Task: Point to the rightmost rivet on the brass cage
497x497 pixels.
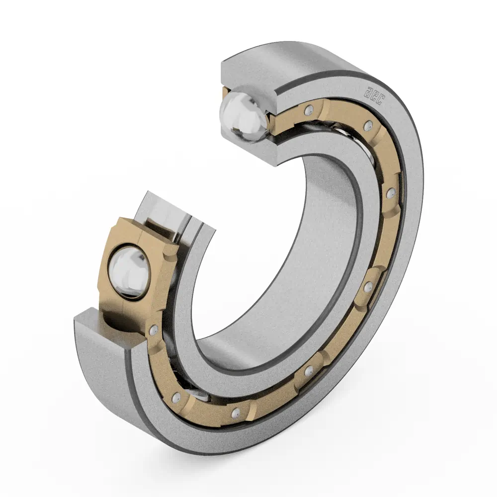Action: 391,193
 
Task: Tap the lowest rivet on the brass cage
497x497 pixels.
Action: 235,412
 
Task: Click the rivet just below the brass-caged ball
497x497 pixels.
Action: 154,330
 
